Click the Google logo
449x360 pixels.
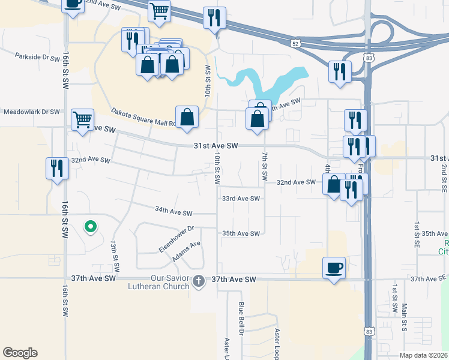pos(20,353)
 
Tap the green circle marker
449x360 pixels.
pos(90,226)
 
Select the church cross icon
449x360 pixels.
pos(199,280)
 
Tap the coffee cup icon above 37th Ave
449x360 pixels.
pos(334,268)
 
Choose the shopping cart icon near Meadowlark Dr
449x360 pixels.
pos(82,118)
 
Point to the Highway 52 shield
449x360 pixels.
pos(294,43)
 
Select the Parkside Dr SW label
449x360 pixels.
pos(37,57)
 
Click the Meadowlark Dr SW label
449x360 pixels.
pos(32,112)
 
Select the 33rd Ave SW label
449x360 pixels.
pos(241,199)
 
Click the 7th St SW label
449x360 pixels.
pos(264,167)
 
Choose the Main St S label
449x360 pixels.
pos(404,317)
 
